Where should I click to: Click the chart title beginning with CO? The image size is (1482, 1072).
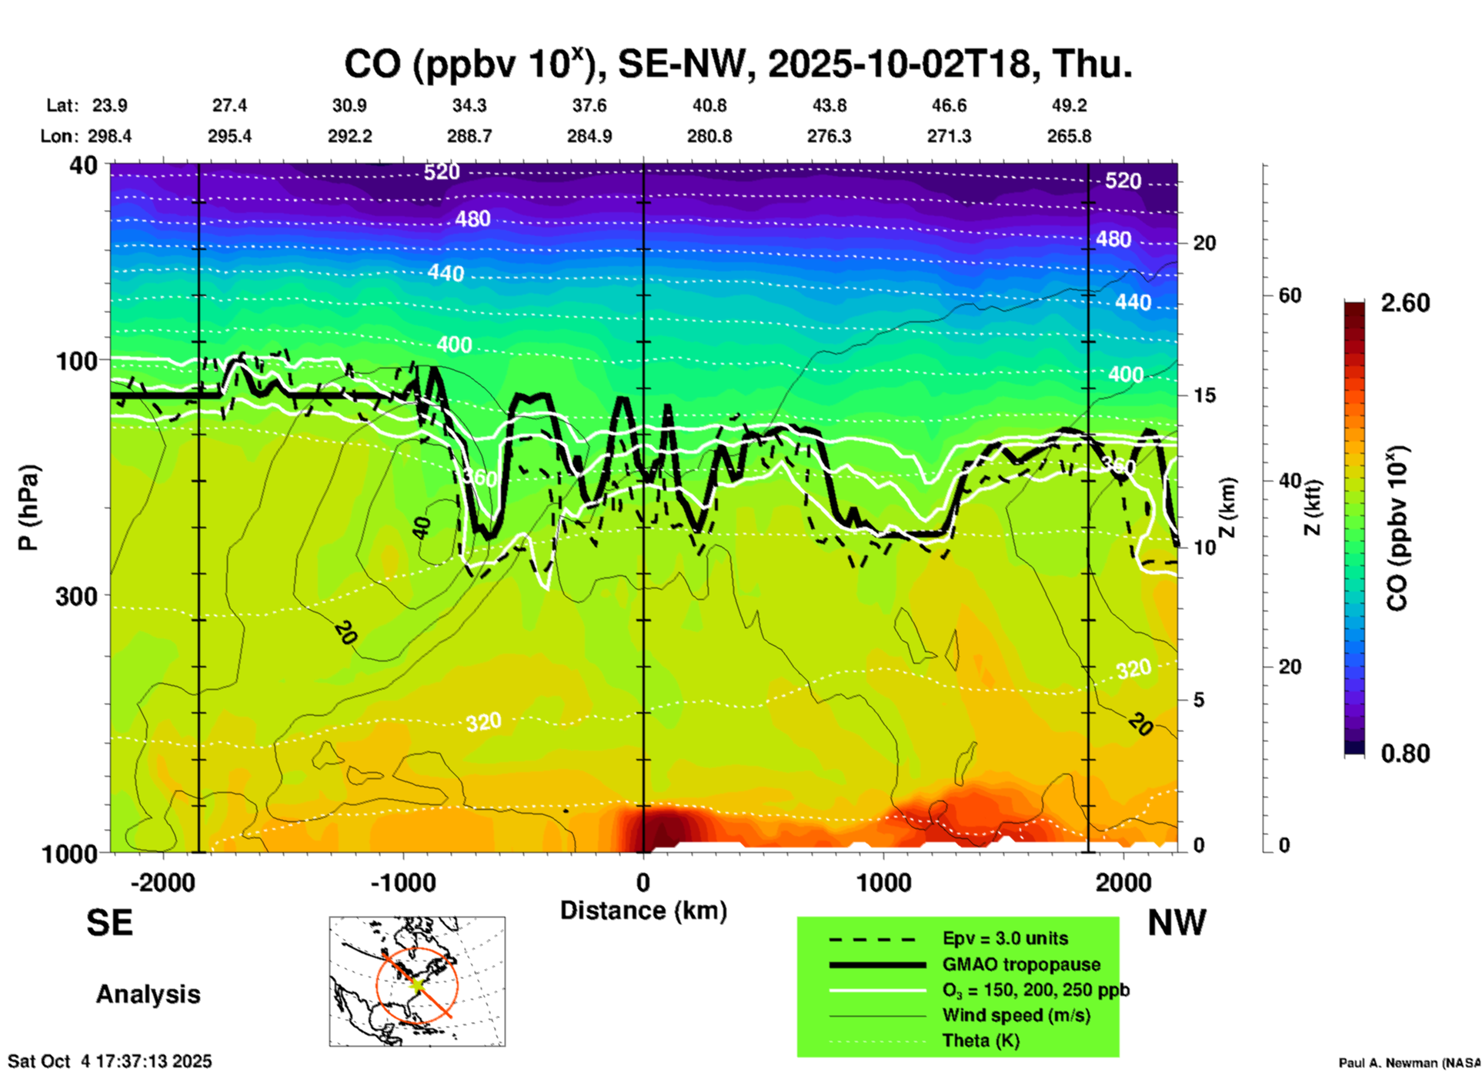pos(737,64)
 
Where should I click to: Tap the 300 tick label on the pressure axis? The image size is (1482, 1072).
pos(76,595)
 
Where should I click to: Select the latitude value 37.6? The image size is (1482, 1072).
pos(589,105)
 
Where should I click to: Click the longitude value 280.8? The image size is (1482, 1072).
pos(709,136)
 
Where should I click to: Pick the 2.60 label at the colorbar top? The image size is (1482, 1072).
pos(1405,303)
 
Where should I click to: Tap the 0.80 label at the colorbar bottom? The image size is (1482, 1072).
pos(1405,754)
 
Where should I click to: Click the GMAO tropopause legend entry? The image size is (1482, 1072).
pos(1020,964)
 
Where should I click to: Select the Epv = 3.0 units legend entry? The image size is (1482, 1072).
pos(1004,938)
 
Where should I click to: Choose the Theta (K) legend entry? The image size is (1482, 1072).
pos(980,1040)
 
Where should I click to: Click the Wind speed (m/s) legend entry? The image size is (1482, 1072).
pos(1016,1015)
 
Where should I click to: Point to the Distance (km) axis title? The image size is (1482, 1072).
pos(643,911)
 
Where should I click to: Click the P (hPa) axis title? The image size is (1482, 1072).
pos(28,508)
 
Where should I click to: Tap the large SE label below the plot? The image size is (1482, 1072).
pos(109,923)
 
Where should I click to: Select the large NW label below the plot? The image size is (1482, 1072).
pos(1177,923)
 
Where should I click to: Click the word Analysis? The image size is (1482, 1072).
pos(148,994)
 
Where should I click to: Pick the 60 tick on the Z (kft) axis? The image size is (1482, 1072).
pos(1290,295)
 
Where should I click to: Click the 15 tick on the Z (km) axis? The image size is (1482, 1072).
pos(1204,395)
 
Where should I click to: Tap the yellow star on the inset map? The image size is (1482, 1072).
pos(416,984)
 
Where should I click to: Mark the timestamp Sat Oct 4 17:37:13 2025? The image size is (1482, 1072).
pos(109,1061)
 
